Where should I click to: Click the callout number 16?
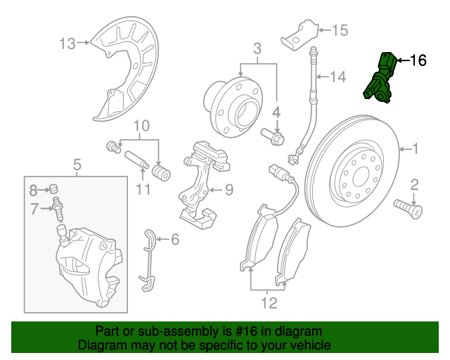click(x=418, y=61)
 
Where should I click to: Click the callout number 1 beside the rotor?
click(x=415, y=148)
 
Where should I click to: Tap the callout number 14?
click(x=339, y=77)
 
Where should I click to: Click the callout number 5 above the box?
click(x=77, y=165)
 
